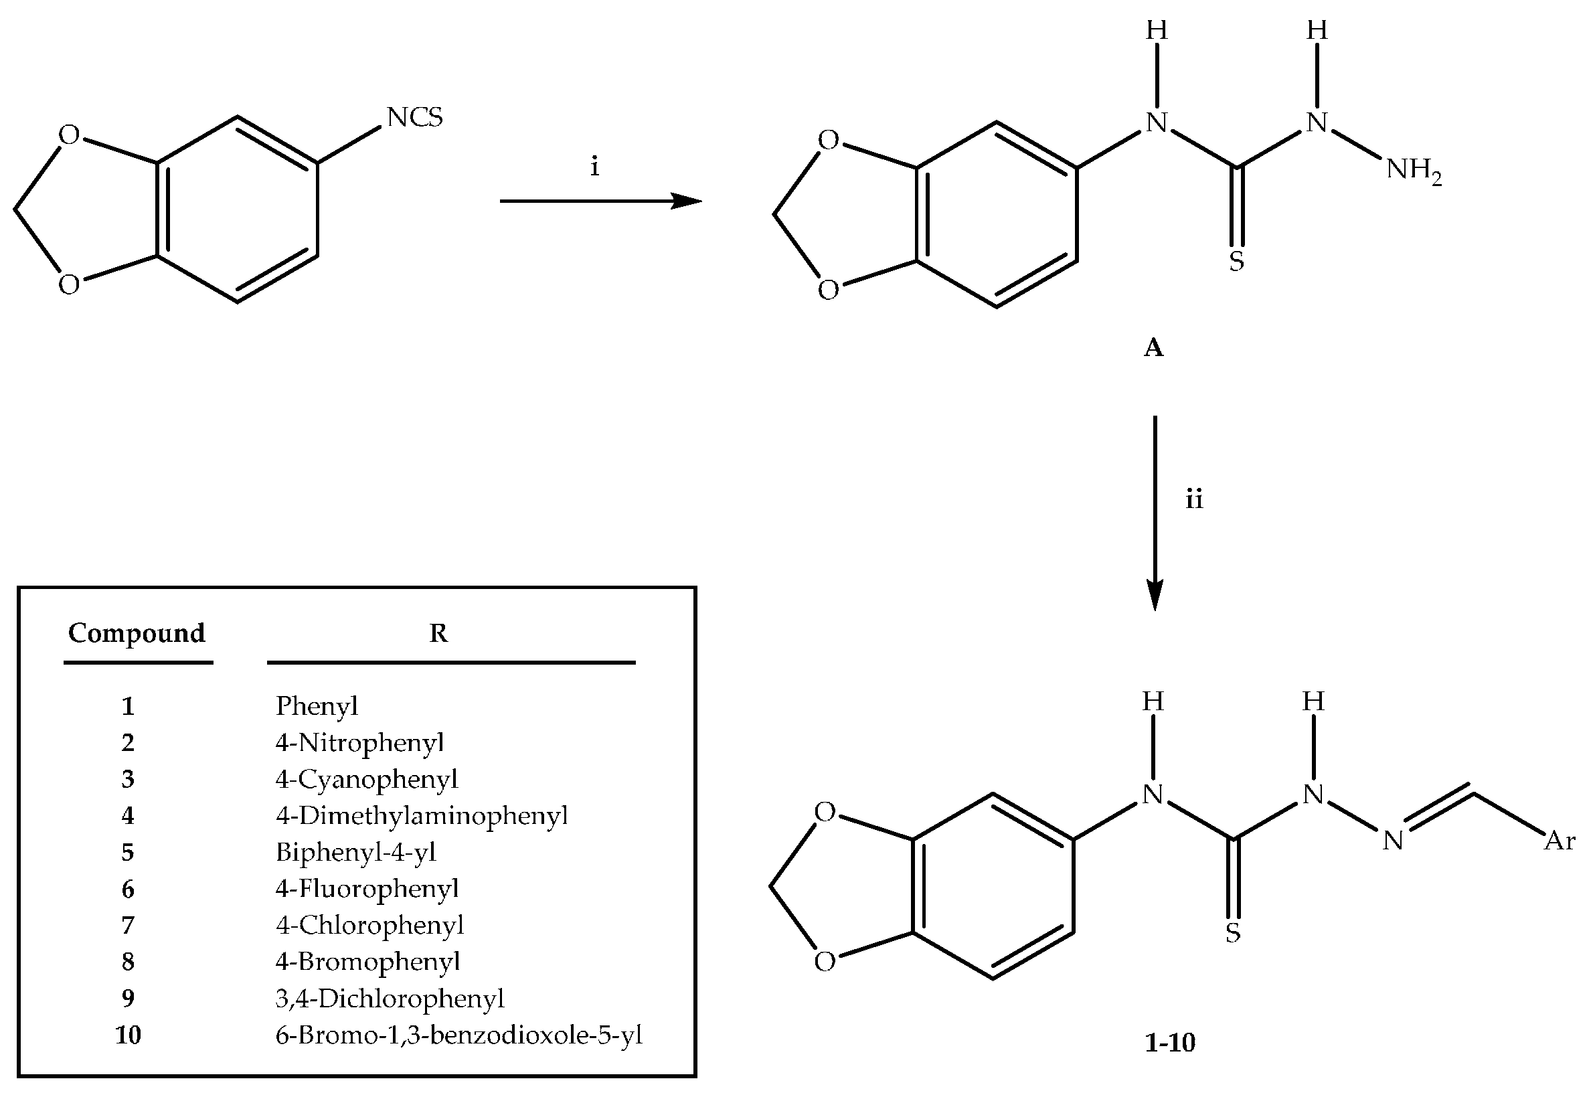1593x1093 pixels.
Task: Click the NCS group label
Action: (x=415, y=117)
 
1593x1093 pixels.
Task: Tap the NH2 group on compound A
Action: (x=1414, y=169)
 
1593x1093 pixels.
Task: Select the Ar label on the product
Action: (x=1560, y=841)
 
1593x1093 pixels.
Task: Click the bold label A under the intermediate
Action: (x=1154, y=348)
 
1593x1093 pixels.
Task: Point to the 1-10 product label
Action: (x=1169, y=1042)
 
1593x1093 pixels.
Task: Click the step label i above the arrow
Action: (x=594, y=167)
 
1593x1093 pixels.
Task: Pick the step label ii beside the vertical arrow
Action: (x=1194, y=499)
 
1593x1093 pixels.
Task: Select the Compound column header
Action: (x=137, y=633)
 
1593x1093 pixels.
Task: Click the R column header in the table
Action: (x=438, y=633)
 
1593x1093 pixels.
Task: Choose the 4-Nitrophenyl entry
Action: (x=360, y=742)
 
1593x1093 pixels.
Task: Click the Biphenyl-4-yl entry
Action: (x=356, y=852)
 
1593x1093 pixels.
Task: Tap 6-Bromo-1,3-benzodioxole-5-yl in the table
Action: (x=458, y=1035)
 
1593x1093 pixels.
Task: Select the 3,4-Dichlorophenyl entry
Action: (x=390, y=999)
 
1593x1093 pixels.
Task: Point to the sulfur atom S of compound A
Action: (x=1236, y=261)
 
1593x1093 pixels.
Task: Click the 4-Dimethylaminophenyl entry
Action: (x=422, y=815)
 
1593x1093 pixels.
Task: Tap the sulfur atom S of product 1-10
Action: (x=1232, y=932)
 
